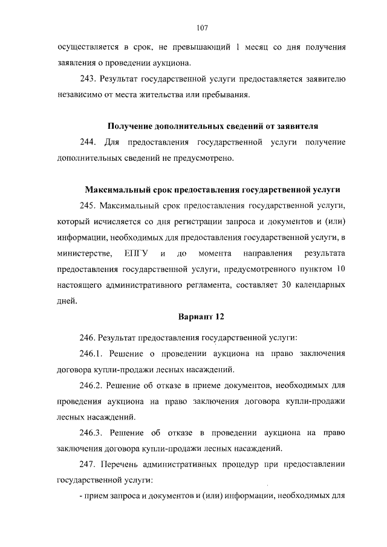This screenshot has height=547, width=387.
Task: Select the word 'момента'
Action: pyautogui.click(x=215, y=251)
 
